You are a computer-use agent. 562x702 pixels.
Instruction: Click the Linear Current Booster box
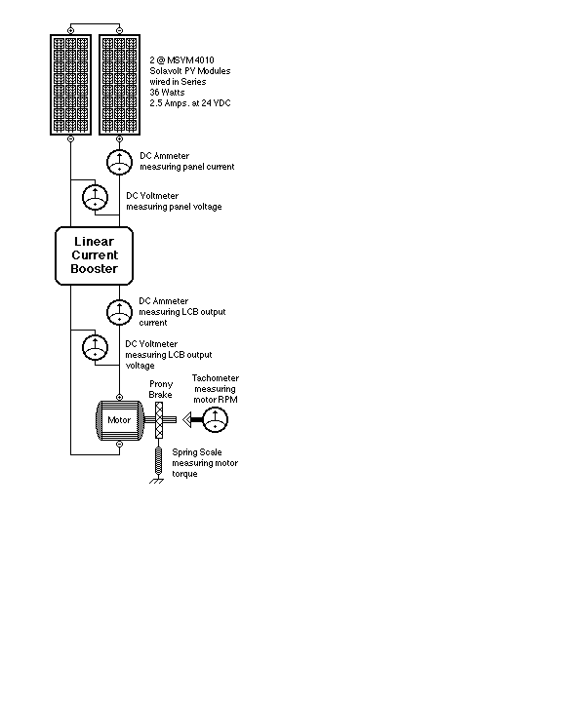(94, 255)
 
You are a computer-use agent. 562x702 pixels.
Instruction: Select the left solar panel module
(70, 85)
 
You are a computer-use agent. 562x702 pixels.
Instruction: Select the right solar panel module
(119, 85)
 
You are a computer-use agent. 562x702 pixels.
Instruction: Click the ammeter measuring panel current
(119, 162)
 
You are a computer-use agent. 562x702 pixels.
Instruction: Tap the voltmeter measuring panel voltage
(95, 197)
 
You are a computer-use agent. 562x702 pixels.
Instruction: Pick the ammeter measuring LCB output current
(119, 312)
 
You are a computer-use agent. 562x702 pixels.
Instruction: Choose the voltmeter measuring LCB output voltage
(95, 347)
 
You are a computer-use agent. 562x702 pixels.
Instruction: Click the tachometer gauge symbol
(215, 419)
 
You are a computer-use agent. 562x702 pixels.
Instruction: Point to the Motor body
(120, 420)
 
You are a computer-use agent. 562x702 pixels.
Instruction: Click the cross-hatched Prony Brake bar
(159, 420)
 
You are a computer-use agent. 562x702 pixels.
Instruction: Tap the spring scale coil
(158, 460)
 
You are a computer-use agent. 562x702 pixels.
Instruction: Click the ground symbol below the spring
(157, 481)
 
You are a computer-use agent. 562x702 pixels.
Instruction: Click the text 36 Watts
(167, 93)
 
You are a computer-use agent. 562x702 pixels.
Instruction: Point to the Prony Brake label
(160, 389)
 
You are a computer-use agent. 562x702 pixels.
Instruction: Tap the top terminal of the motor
(119, 397)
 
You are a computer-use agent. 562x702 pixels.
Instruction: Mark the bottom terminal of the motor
(119, 445)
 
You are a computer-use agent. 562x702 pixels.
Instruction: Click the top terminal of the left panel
(70, 30)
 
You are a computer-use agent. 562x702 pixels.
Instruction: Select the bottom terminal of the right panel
(119, 138)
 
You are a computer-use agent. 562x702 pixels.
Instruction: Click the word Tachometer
(215, 378)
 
